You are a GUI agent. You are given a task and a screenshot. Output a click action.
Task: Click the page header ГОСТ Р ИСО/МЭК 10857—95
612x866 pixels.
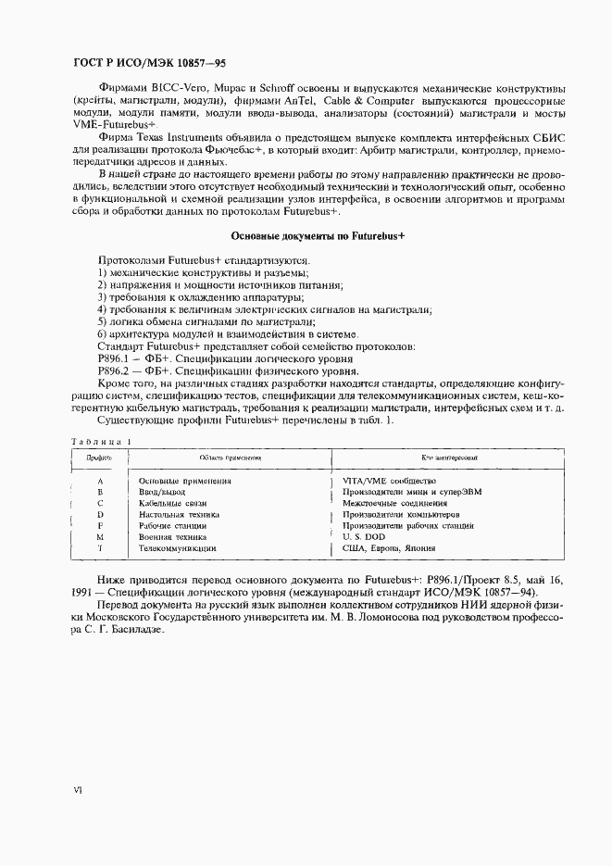click(x=149, y=63)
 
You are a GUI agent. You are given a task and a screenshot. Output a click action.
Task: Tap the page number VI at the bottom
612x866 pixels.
click(x=79, y=790)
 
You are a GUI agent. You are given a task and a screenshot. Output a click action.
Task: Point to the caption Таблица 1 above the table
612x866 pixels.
click(x=101, y=441)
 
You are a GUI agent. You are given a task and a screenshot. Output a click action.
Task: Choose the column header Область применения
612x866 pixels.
click(x=231, y=458)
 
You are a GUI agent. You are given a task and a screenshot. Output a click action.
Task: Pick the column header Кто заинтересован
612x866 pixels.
click(x=449, y=458)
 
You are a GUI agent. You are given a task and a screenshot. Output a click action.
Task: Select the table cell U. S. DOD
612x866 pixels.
click(x=369, y=536)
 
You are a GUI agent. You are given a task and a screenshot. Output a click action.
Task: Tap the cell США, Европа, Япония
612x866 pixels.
click(x=390, y=549)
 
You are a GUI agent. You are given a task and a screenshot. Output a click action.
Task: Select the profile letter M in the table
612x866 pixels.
click(x=99, y=536)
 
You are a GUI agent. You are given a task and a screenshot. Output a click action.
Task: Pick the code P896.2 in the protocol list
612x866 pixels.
click(x=115, y=370)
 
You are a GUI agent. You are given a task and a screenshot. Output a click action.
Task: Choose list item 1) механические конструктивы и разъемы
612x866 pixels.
click(x=202, y=273)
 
